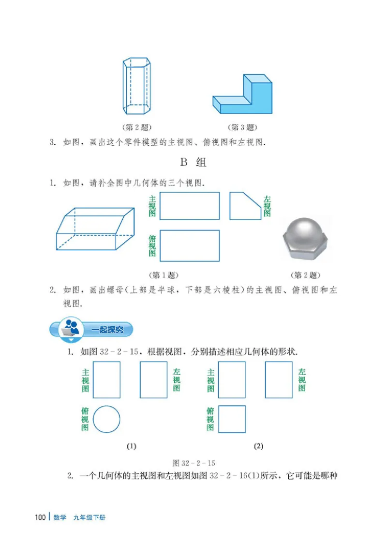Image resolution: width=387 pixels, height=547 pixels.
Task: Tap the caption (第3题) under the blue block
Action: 241,128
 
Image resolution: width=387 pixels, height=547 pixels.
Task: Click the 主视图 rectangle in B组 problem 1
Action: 189,206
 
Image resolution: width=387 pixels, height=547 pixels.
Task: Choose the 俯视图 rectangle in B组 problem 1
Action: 189,245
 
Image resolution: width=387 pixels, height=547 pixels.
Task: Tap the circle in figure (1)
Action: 106,419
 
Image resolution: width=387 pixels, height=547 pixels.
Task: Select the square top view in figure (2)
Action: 232,419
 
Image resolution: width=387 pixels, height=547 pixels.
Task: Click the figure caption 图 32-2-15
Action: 193,463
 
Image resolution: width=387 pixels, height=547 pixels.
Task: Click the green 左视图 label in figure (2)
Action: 302,380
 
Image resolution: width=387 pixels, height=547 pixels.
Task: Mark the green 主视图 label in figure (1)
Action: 85,380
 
